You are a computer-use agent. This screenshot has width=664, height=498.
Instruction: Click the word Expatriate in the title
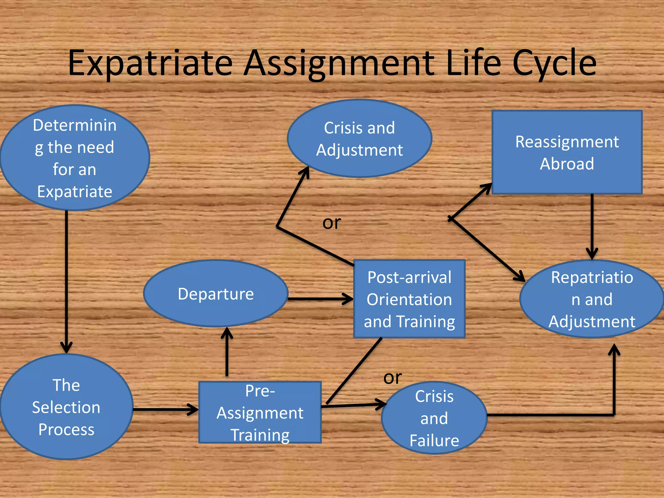coord(150,63)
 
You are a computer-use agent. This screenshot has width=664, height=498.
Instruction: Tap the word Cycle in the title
coord(554,63)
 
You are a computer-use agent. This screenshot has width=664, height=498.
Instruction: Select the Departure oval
coord(216,294)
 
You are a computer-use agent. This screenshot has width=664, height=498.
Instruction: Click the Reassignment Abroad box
coord(567,152)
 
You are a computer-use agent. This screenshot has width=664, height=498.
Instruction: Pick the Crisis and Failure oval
coord(434,418)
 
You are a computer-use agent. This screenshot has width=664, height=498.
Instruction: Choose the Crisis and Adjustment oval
coord(359,139)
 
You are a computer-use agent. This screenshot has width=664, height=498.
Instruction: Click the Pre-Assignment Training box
coord(260,412)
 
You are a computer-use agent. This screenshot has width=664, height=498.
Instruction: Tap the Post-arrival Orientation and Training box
coord(409,299)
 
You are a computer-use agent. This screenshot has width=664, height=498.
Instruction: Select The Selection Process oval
coord(66,407)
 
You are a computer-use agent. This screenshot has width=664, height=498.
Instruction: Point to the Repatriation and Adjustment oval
coord(592,299)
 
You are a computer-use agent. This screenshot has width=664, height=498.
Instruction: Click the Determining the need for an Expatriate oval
coord(75,158)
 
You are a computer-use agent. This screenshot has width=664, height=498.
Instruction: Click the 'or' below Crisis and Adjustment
coord(331,223)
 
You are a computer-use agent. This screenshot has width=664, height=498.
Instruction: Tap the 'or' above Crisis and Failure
coord(392,378)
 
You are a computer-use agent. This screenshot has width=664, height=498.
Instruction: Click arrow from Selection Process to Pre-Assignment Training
coord(165,409)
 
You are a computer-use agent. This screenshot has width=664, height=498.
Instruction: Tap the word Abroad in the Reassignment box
coord(567,164)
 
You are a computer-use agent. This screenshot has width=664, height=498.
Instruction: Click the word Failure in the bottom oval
coord(434,441)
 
